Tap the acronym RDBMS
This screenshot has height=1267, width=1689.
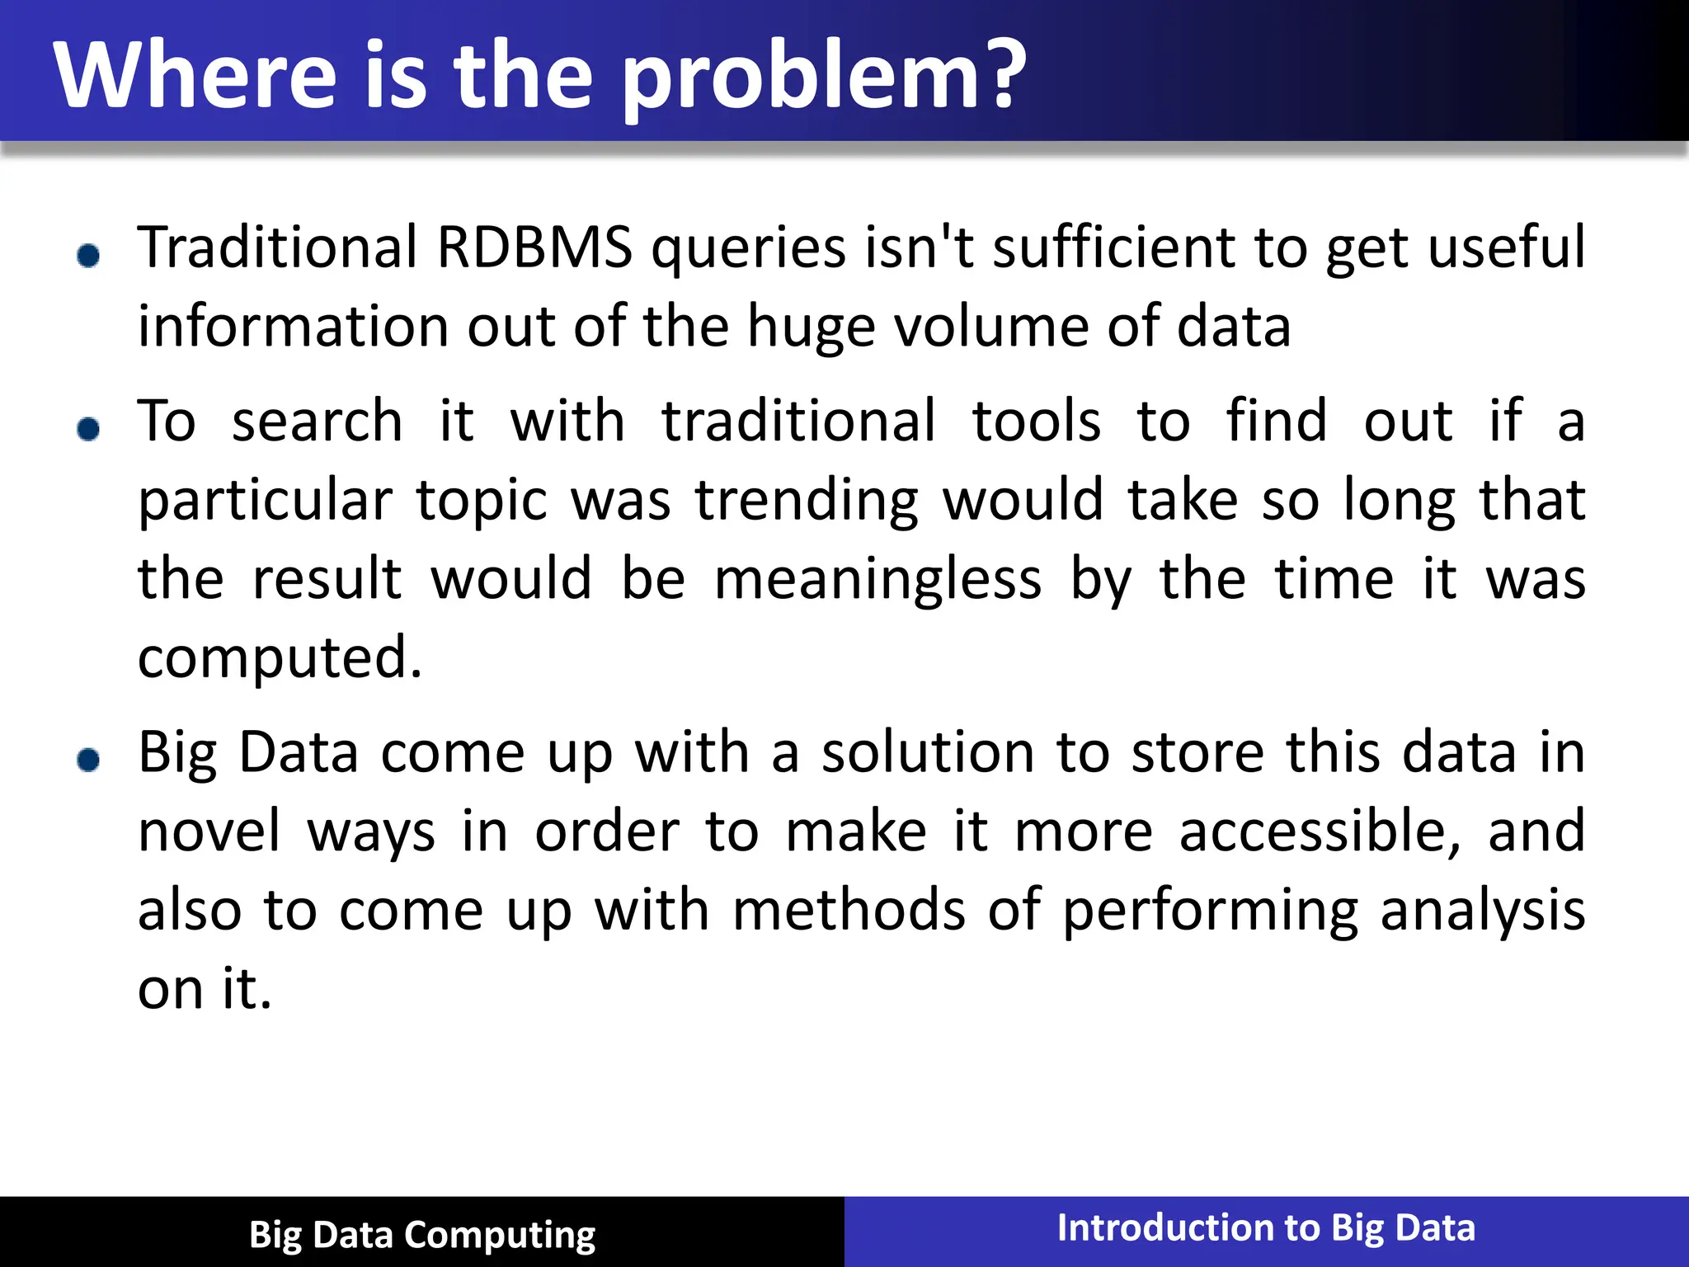click(534, 247)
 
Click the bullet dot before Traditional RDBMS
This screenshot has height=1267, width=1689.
click(88, 256)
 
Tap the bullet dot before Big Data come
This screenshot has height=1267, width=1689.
click(88, 760)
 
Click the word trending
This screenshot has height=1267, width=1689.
click(807, 502)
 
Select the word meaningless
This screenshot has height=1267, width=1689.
click(877, 579)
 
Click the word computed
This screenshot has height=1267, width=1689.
click(279, 658)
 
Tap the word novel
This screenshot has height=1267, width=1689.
click(209, 831)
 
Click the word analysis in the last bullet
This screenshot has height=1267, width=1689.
click(1482, 911)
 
